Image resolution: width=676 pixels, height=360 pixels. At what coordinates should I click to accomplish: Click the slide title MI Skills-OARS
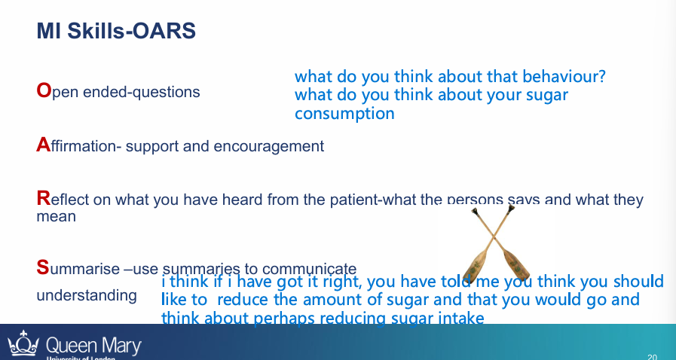(x=116, y=31)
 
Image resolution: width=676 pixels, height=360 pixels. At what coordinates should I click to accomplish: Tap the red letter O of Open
(x=43, y=91)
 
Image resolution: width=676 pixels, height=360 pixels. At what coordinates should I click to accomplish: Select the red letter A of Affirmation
(x=42, y=145)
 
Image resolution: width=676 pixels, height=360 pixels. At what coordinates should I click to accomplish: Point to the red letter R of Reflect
(x=42, y=199)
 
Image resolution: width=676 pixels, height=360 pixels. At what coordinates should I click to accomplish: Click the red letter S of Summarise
(x=42, y=267)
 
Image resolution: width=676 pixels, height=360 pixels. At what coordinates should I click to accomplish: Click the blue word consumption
(x=344, y=114)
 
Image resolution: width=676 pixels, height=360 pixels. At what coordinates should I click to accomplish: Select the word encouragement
(x=274, y=146)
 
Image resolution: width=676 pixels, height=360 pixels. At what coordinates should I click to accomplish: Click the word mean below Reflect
(x=56, y=217)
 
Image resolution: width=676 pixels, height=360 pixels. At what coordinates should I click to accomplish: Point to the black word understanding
(x=87, y=295)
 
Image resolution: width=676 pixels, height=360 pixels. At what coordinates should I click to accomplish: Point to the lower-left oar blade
(x=473, y=265)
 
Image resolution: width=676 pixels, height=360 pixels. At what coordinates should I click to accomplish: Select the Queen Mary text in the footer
(x=93, y=346)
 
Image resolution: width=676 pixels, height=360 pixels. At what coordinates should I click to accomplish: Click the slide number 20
(x=652, y=355)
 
